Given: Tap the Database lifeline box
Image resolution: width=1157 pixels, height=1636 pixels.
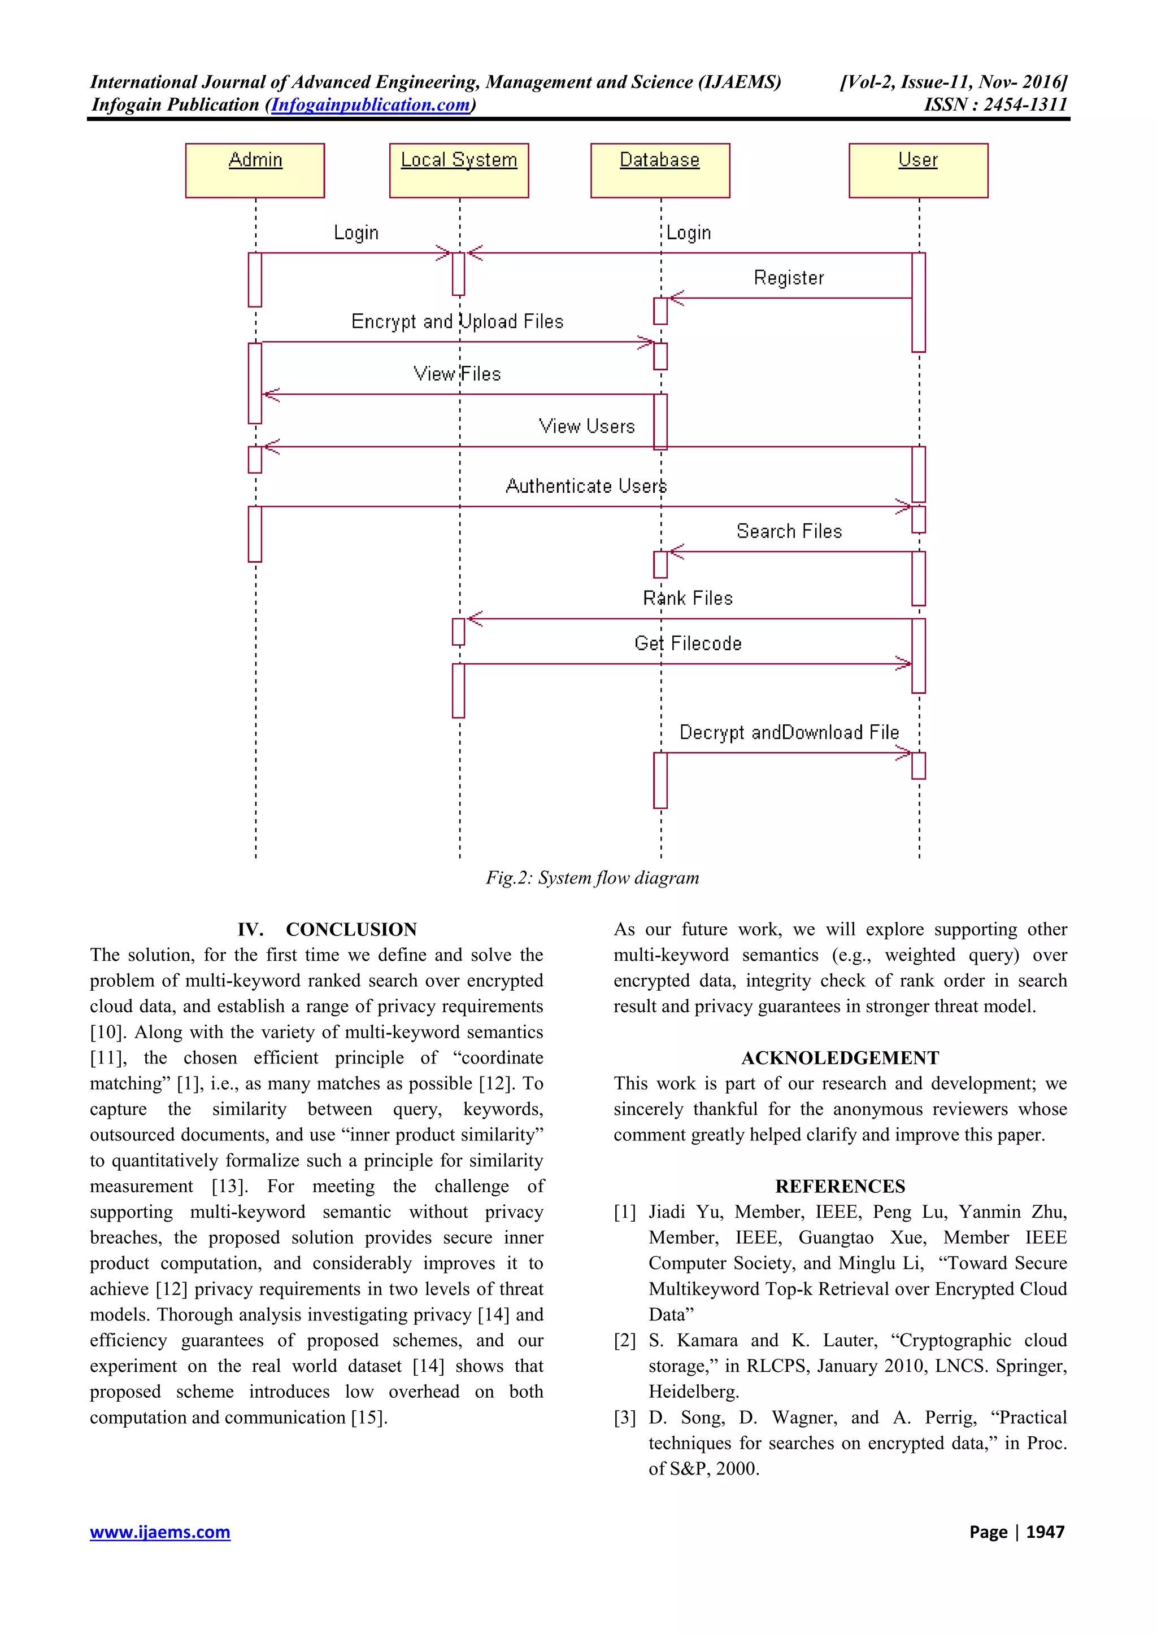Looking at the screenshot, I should [x=659, y=170].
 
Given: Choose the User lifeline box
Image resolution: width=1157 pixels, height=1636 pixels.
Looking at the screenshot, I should [x=917, y=170].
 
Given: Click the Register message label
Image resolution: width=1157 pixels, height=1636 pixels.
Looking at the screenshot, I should [x=789, y=278].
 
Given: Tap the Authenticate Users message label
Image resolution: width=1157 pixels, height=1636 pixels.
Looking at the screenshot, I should [x=585, y=486].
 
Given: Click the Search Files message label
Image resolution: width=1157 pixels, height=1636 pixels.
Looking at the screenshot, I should [x=789, y=532].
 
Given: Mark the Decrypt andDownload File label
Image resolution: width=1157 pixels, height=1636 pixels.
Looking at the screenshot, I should [x=789, y=733].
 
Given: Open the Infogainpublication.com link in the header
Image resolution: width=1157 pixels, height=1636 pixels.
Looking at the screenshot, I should [x=371, y=105].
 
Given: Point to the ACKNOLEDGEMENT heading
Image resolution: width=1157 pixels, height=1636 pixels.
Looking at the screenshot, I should [x=840, y=1057].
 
